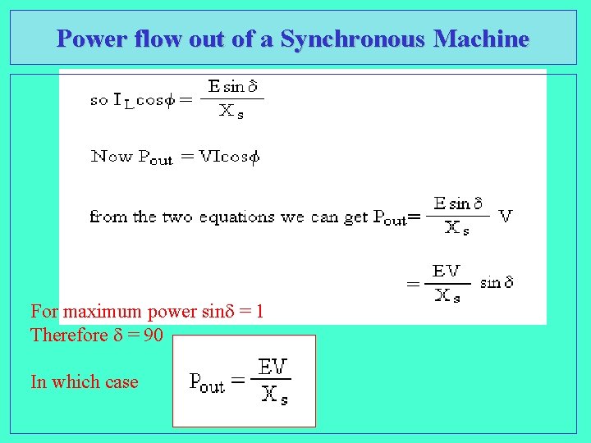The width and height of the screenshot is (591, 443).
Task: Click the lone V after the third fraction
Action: [506, 216]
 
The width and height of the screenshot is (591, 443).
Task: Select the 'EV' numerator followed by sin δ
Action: [446, 271]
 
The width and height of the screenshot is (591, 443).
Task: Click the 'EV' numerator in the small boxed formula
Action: [273, 367]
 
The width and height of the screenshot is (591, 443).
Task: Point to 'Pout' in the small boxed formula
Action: [206, 381]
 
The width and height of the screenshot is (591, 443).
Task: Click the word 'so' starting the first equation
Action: [99, 101]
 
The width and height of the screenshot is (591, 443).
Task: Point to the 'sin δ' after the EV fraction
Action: [497, 282]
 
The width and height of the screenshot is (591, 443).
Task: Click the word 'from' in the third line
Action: [108, 217]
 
